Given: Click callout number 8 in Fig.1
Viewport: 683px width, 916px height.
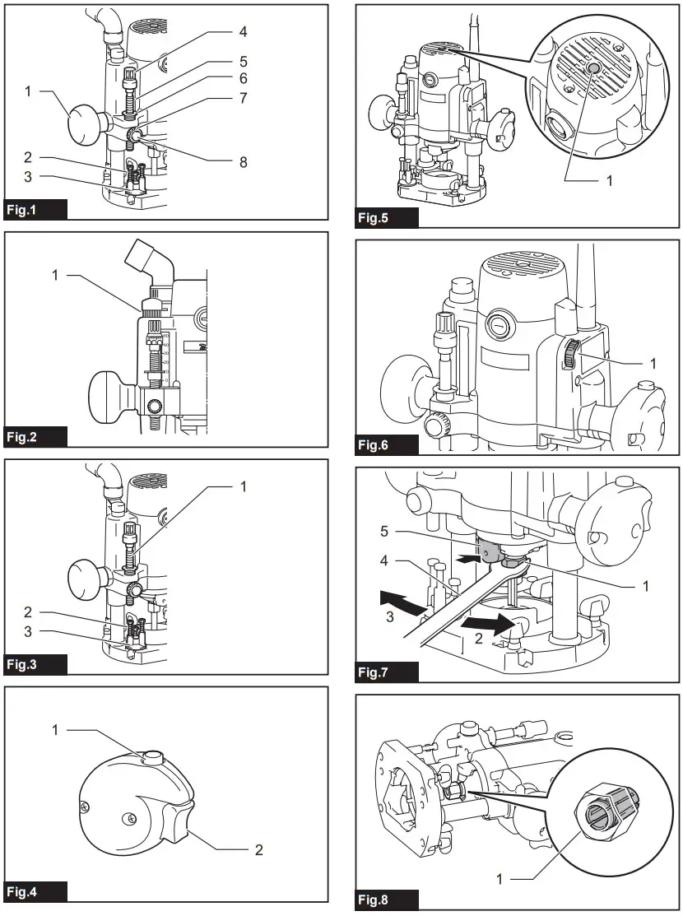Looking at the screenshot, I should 243,162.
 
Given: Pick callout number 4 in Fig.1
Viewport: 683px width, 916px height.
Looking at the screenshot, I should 243,33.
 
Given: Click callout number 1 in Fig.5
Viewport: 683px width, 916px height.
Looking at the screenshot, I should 609,180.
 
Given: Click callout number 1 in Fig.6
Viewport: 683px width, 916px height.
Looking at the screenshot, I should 653,361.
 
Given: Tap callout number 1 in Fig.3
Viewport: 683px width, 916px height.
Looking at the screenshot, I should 243,486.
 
